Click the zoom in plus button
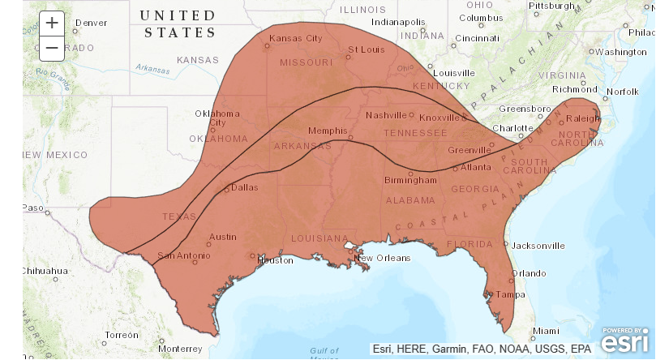[x=52, y=23]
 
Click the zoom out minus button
[x=52, y=48]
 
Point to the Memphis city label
[x=328, y=131]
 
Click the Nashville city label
[x=385, y=115]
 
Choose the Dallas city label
[x=244, y=187]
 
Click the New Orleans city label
[x=382, y=258]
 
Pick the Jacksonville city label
[x=538, y=245]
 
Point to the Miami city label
[x=546, y=331]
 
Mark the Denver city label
[x=90, y=23]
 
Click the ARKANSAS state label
[x=302, y=146]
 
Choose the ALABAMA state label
[x=411, y=199]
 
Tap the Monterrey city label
[x=181, y=348]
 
